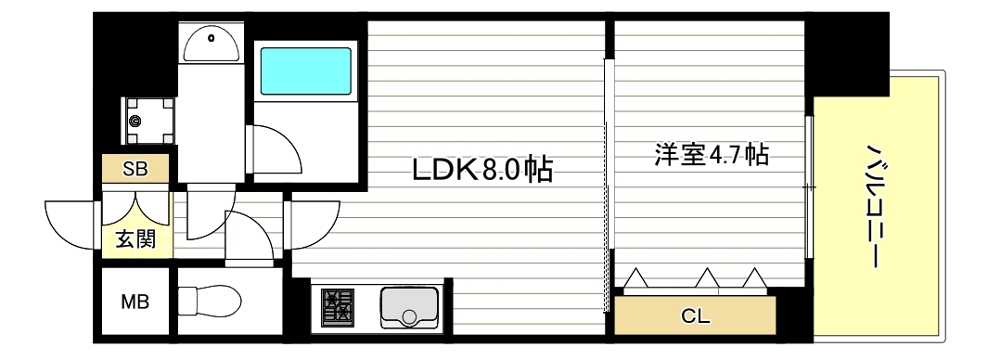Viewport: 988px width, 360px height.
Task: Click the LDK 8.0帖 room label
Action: click(x=481, y=169)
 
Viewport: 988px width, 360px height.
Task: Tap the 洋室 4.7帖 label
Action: click(x=711, y=154)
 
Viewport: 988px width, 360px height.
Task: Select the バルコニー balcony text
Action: click(x=873, y=205)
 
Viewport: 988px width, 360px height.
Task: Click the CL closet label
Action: click(x=694, y=315)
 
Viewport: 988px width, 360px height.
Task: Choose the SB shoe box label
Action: click(x=135, y=169)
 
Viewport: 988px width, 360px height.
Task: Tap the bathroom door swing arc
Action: click(x=276, y=148)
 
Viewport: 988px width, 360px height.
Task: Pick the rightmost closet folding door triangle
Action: click(x=753, y=277)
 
